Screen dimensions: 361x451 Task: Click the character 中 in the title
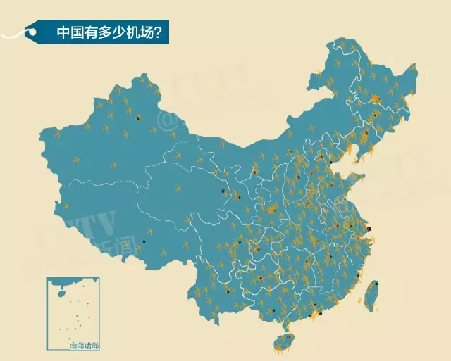click(64, 32)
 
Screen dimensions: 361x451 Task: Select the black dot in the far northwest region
click(138, 118)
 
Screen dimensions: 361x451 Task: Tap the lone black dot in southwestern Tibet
click(144, 241)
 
